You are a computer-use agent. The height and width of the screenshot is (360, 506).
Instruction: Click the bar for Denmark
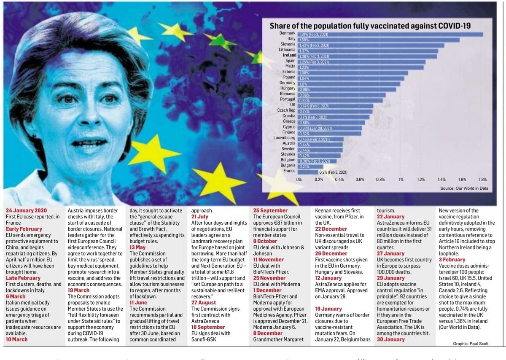coord(390,35)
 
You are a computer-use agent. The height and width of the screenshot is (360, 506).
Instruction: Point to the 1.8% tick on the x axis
coord(482,180)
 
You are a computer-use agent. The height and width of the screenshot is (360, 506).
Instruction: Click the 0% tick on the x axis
coord(299,180)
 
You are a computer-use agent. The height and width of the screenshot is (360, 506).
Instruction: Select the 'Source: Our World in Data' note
coord(464,188)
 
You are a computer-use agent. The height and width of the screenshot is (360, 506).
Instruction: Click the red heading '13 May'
coord(137,247)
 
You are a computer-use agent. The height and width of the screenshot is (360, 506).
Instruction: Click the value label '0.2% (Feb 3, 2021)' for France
coord(333,172)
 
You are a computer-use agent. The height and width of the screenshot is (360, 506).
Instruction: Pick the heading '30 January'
coord(391,339)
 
